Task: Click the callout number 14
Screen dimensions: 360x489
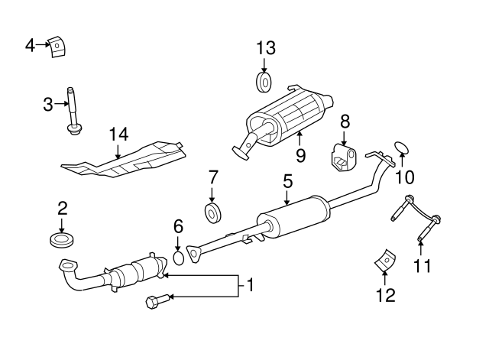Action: click(117, 134)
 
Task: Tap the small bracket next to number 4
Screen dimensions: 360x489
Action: click(57, 47)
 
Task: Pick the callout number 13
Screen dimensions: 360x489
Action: click(265, 48)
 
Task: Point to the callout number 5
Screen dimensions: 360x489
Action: click(287, 181)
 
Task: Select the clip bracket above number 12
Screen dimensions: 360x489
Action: click(385, 260)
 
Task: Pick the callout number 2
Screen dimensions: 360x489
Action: click(63, 207)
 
